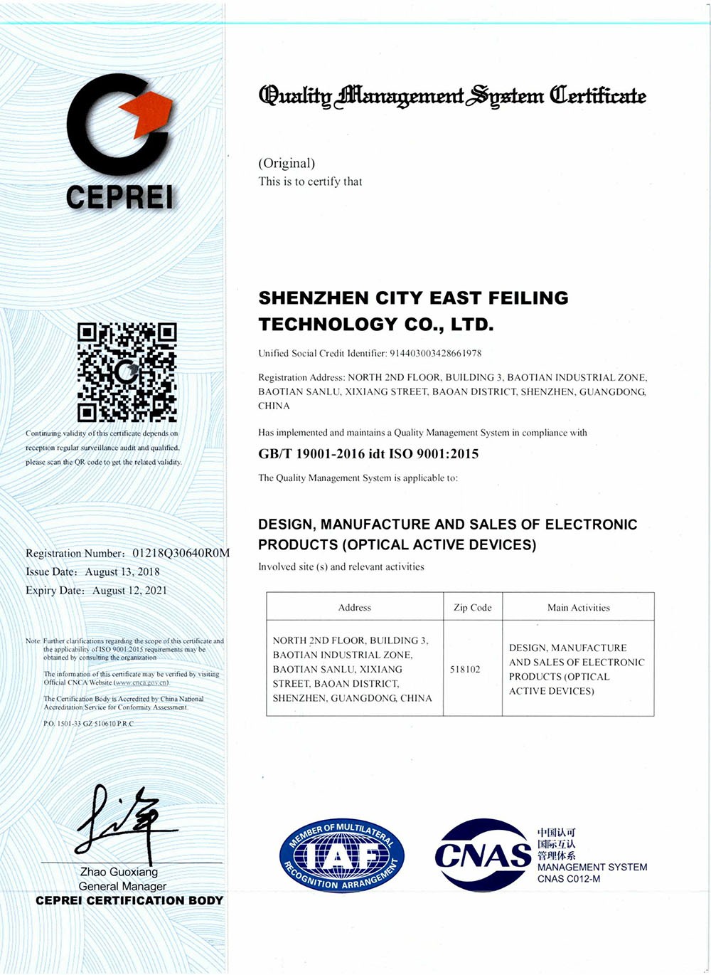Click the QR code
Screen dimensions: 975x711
(127, 372)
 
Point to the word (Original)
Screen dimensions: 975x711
(287, 164)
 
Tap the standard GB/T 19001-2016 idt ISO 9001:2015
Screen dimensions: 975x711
(368, 454)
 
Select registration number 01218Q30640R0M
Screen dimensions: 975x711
(181, 553)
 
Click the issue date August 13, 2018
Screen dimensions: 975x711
(122, 571)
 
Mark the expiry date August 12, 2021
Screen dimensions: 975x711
(129, 590)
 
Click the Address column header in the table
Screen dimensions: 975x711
(355, 608)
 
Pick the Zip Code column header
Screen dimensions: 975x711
(473, 608)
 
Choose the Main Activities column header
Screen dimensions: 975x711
(579, 608)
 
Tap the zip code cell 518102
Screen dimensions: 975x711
(465, 669)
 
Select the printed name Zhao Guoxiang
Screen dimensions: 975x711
(119, 872)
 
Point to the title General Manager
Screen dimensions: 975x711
(122, 886)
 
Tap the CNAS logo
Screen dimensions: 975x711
(483, 854)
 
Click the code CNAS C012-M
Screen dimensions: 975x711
(569, 879)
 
